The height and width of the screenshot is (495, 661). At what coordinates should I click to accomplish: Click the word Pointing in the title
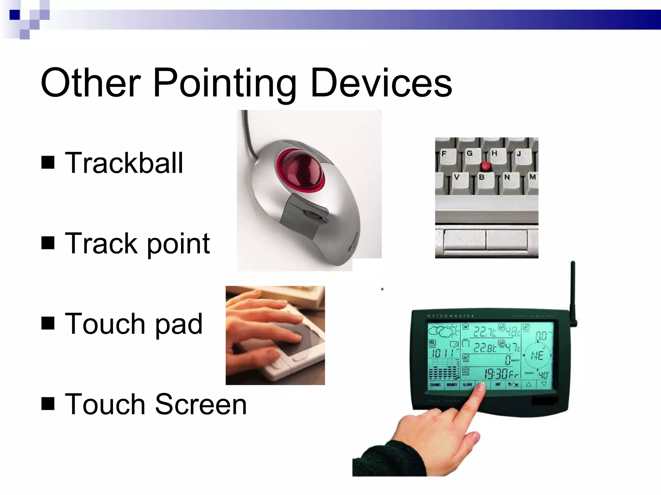point(224,83)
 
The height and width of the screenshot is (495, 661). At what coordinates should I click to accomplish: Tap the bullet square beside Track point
point(48,243)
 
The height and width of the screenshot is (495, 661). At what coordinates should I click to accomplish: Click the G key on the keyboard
point(470,154)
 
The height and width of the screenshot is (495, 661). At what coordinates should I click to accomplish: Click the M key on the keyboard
point(532,177)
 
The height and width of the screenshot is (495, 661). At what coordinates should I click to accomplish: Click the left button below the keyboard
point(465,239)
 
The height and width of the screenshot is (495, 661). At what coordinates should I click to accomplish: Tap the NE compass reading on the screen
point(537,356)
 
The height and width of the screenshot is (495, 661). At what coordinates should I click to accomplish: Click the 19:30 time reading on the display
point(496,374)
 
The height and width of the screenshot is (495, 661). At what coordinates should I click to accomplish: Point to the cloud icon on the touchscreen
point(442,331)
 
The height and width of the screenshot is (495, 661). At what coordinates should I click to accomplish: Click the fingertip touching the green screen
point(481,387)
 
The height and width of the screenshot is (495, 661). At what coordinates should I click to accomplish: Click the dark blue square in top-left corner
point(15,15)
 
